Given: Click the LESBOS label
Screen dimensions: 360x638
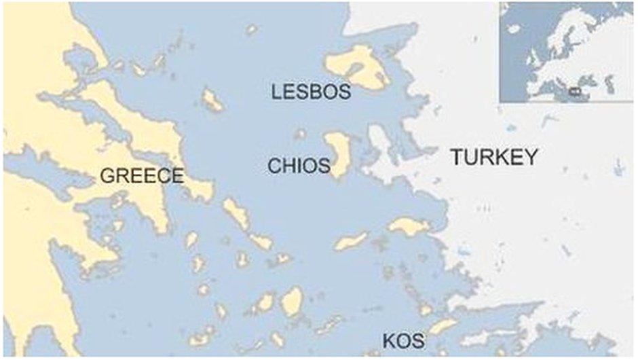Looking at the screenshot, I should pyautogui.click(x=311, y=92).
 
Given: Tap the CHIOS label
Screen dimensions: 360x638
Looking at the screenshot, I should pyautogui.click(x=299, y=165).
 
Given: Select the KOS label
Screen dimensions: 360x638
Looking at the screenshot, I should pyautogui.click(x=404, y=341).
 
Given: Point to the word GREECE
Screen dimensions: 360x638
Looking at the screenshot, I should pyautogui.click(x=142, y=176).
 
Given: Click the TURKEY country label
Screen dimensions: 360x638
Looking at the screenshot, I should pyautogui.click(x=495, y=158).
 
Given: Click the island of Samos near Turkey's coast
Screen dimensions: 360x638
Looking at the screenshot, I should pyautogui.click(x=408, y=226).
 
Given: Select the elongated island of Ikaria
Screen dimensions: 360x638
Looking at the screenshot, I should pyautogui.click(x=351, y=240).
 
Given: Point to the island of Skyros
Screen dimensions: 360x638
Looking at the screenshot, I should pyautogui.click(x=212, y=101).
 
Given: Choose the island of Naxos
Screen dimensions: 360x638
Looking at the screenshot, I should pyautogui.click(x=292, y=300).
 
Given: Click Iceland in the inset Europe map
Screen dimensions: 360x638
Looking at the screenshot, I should pyautogui.click(x=514, y=29).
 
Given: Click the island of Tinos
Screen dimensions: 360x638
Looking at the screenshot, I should pyautogui.click(x=259, y=240).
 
